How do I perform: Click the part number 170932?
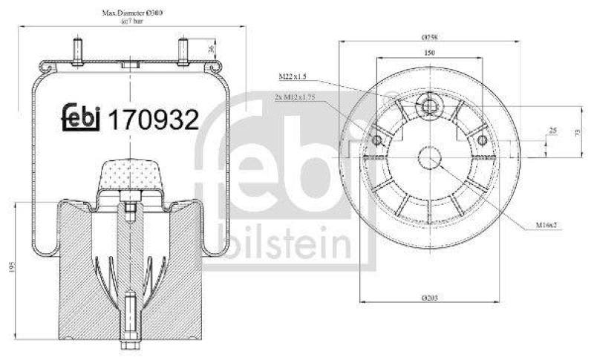click(x=154, y=119)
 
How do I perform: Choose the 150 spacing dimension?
click(x=428, y=53)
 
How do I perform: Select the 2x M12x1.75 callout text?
click(x=295, y=96)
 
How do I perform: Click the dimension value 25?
click(x=551, y=131)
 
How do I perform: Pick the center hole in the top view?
click(x=428, y=158)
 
